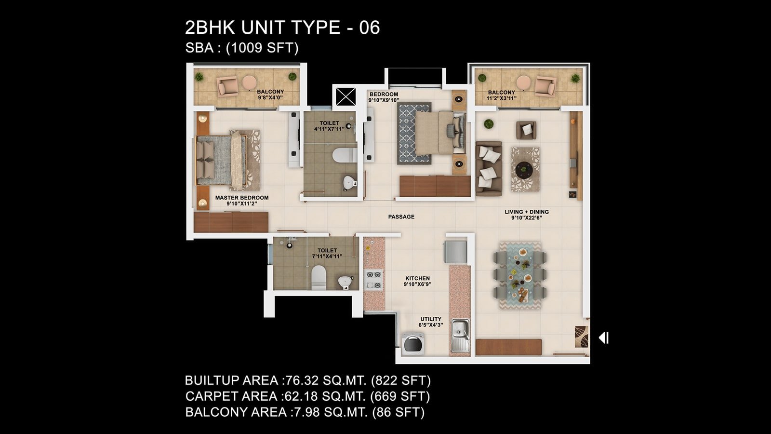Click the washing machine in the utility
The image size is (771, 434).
(x=412, y=343)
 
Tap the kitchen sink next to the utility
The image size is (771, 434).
(x=460, y=335)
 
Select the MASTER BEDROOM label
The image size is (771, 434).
(x=241, y=198)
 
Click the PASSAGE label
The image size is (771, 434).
(x=401, y=217)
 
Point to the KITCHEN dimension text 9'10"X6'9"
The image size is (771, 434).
(x=417, y=284)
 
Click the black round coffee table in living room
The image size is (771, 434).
(x=523, y=169)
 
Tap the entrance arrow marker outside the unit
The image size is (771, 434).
(x=604, y=338)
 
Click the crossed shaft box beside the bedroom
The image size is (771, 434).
(x=346, y=96)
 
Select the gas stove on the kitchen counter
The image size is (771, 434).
(x=374, y=280)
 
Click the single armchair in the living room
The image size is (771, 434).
(x=526, y=130)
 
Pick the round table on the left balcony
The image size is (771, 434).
(x=249, y=82)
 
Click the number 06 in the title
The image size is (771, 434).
(x=370, y=27)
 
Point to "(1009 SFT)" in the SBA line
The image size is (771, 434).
(x=262, y=48)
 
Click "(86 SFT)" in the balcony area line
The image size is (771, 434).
(x=399, y=412)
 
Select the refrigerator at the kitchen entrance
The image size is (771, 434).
(x=455, y=252)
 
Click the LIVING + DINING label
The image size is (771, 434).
(x=527, y=212)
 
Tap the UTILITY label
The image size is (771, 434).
(x=431, y=319)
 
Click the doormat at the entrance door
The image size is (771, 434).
(x=581, y=337)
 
